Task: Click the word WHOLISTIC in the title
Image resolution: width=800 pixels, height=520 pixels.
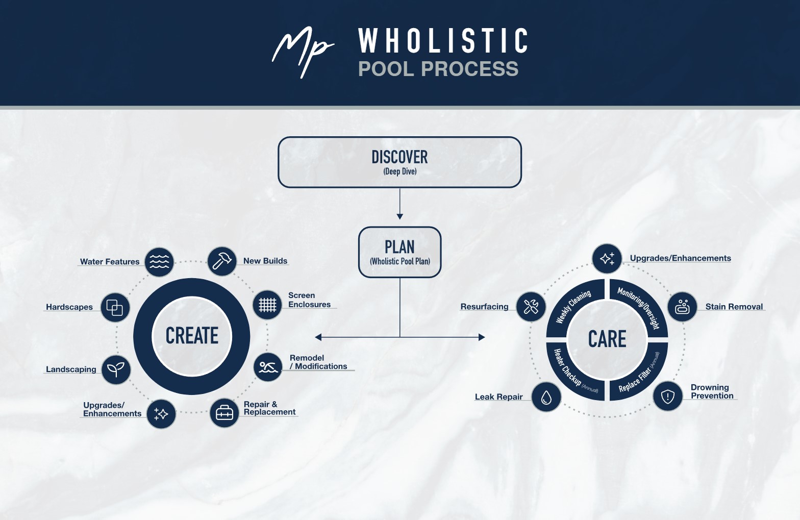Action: point(443,41)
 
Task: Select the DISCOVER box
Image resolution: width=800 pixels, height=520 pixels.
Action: point(399,162)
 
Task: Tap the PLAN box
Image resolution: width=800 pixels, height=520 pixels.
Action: point(399,252)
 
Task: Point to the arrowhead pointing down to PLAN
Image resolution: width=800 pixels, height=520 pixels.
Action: point(399,216)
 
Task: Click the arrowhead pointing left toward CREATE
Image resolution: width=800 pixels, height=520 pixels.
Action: point(318,337)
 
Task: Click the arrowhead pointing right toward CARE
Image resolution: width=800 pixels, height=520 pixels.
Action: point(482,337)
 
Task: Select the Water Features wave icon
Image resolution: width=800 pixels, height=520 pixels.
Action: point(159,262)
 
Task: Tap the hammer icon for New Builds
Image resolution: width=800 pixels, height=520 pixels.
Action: point(222,261)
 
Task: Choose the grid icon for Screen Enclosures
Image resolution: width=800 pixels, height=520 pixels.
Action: point(267,305)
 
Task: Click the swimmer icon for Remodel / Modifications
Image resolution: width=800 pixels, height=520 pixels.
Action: point(268,367)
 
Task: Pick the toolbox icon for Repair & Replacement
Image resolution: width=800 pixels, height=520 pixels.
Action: point(224,413)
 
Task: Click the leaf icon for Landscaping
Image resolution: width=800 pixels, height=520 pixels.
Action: point(116,369)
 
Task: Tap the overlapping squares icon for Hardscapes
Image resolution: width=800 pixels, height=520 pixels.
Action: point(115,308)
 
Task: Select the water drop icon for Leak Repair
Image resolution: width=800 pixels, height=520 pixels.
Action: point(546,397)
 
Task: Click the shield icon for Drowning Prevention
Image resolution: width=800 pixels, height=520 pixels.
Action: point(668,396)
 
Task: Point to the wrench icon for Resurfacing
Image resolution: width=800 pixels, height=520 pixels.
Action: point(531,306)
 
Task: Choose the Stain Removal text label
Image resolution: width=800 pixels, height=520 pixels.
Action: point(734,307)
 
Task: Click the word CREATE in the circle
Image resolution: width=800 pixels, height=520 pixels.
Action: point(192,336)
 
